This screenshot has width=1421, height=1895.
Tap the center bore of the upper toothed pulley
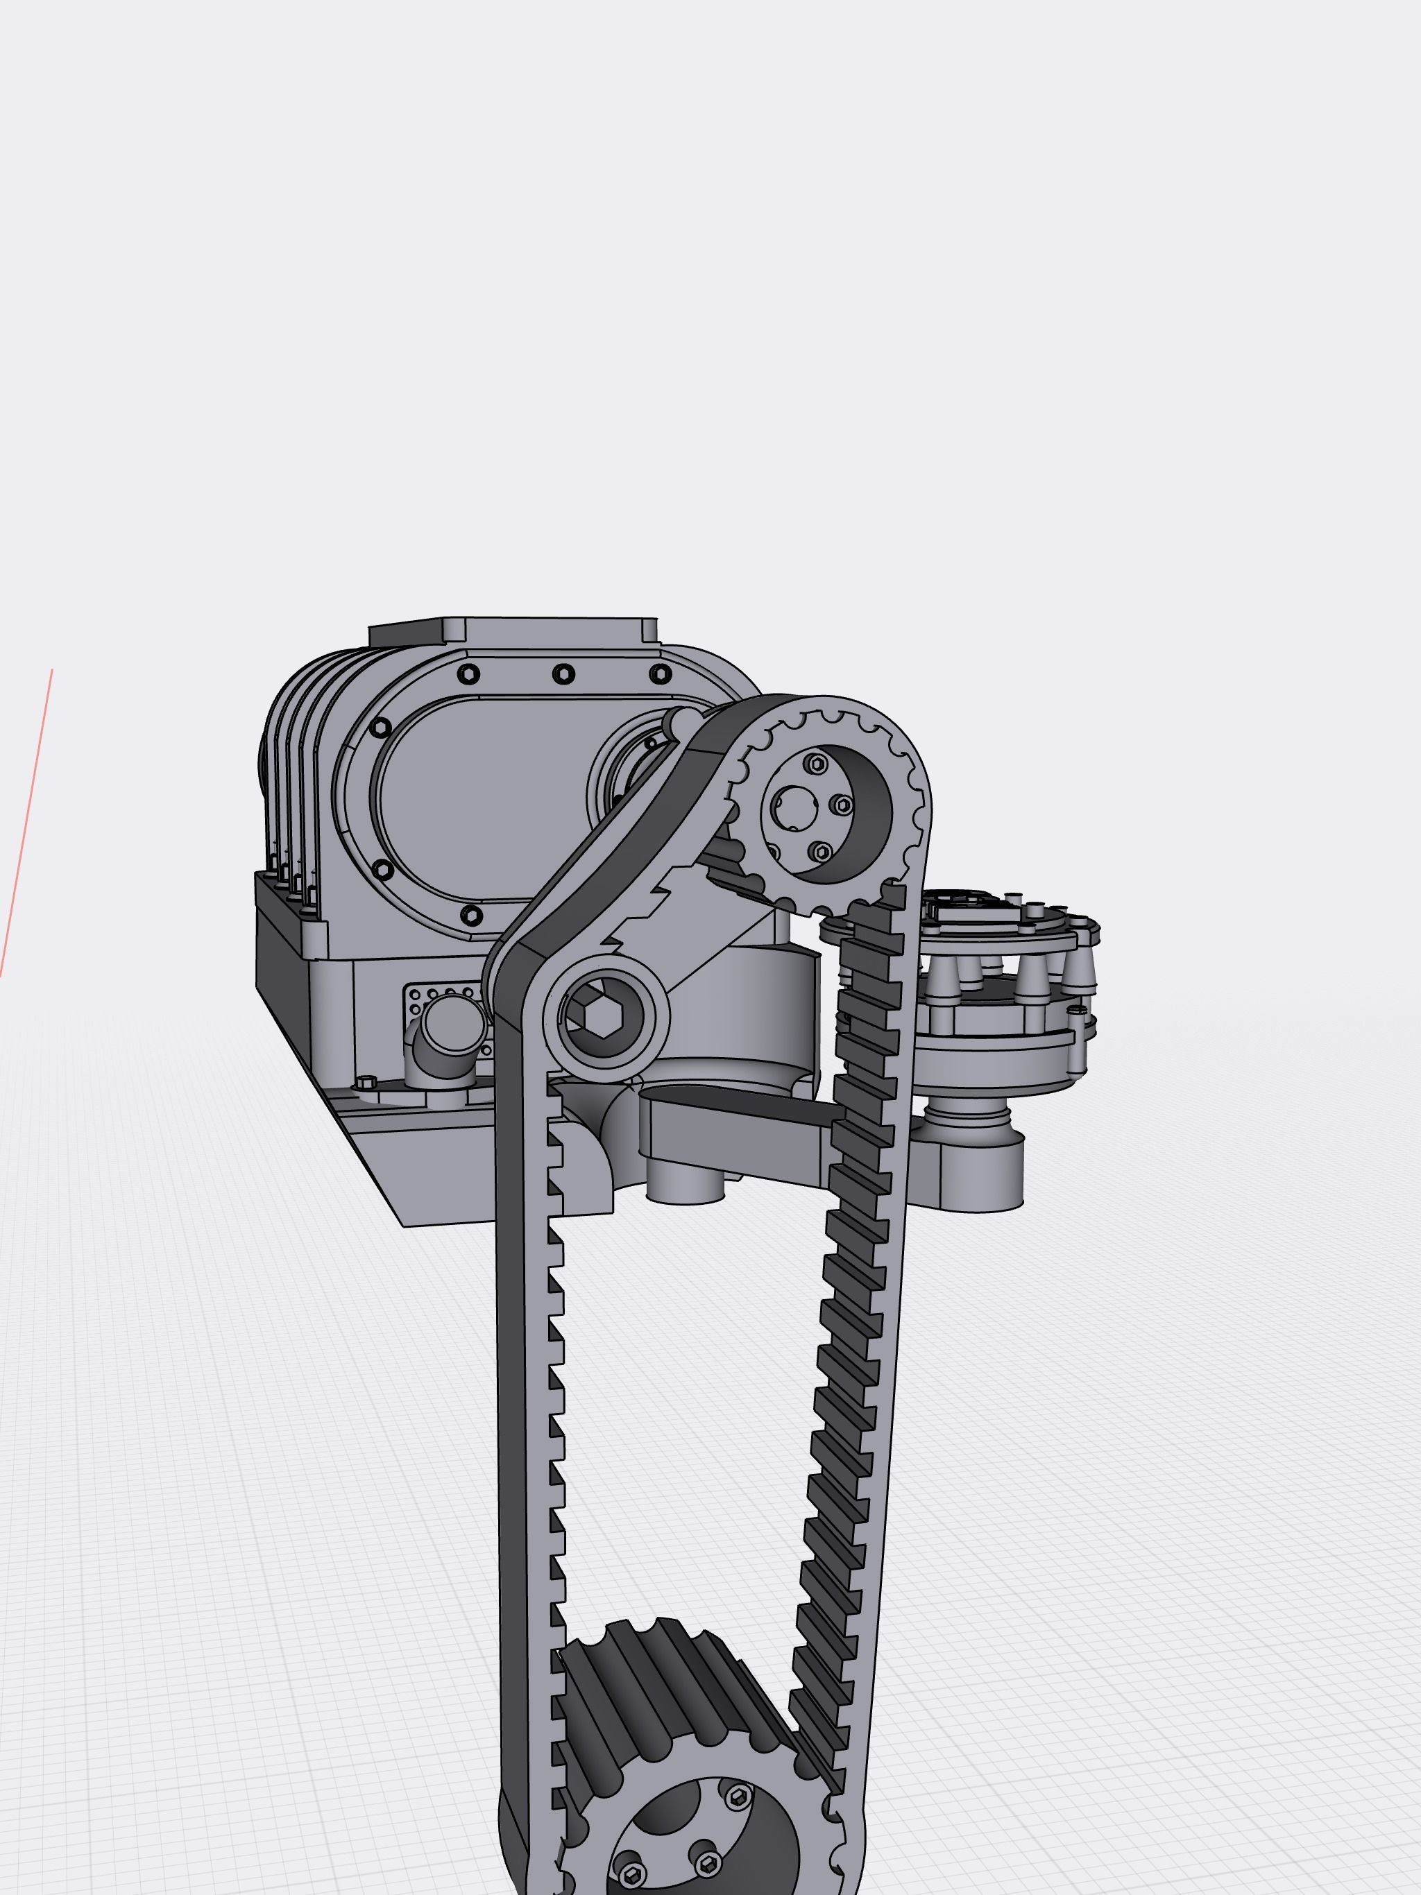793,806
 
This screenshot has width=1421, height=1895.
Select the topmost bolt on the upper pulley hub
817,762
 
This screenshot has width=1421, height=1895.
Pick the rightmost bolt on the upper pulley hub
842,805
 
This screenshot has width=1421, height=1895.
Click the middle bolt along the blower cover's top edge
563,674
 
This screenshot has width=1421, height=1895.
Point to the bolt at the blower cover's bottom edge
470,915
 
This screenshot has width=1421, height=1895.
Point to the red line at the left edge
26,823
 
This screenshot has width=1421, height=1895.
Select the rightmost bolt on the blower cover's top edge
660,674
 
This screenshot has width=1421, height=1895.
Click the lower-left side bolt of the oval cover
383,871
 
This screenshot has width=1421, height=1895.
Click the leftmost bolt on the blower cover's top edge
468,674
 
